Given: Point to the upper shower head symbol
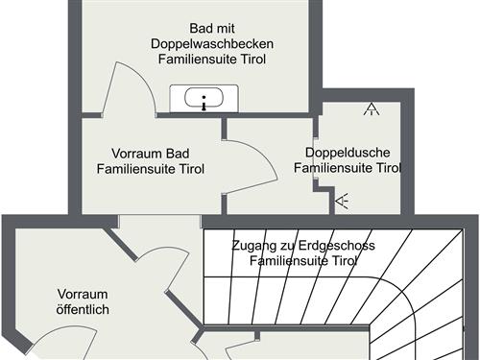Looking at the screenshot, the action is [x=371, y=109].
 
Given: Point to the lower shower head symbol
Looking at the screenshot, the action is [x=343, y=201].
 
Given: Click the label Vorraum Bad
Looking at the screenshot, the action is [x=150, y=154].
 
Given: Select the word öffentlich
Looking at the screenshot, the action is [x=83, y=309].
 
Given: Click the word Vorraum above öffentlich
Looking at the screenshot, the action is [x=83, y=294].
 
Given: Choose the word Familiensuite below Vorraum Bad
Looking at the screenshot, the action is [x=133, y=169].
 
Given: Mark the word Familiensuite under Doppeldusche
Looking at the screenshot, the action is [x=329, y=168].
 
